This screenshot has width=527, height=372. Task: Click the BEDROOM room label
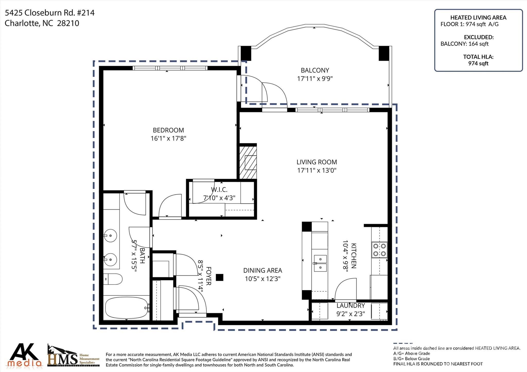[168, 130]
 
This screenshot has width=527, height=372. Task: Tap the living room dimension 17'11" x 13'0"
[317, 170]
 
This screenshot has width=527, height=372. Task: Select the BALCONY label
[315, 70]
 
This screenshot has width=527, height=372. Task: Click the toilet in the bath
[113, 279]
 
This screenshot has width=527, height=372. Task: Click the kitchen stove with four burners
[379, 250]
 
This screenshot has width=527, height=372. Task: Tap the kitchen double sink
[320, 263]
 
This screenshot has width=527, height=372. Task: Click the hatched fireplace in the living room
[248, 162]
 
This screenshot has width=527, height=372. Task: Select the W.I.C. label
[219, 190]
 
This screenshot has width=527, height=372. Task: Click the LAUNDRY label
[351, 305]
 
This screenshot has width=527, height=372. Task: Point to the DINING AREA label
[263, 270]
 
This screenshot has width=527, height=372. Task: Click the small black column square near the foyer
[219, 277]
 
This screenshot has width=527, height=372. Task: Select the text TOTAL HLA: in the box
[478, 57]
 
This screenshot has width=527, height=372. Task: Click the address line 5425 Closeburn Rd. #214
[50, 13]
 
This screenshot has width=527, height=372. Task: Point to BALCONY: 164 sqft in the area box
[464, 44]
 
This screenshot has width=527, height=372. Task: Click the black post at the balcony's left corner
[245, 53]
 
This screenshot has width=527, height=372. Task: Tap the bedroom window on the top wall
[170, 68]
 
